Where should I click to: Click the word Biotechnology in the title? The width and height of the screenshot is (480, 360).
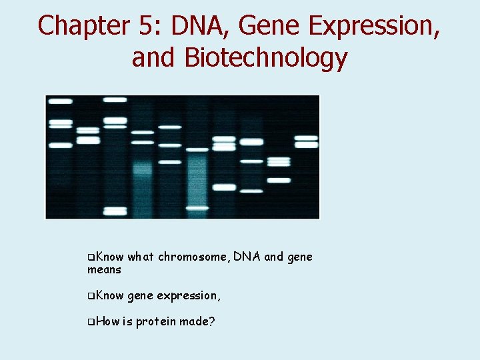(265, 58)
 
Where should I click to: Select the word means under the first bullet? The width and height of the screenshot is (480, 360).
(104, 270)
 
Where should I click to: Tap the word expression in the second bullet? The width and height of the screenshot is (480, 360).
(189, 295)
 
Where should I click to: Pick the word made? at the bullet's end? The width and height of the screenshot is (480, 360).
(201, 322)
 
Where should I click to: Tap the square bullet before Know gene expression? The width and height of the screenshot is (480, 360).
(91, 295)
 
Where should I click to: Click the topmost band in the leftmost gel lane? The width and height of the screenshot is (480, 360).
(61, 101)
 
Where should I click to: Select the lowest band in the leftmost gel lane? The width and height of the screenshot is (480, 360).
(61, 145)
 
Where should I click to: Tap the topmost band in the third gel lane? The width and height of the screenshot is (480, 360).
(115, 100)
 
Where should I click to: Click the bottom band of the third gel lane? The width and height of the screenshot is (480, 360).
(115, 211)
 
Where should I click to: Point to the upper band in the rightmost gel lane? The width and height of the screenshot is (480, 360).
(306, 138)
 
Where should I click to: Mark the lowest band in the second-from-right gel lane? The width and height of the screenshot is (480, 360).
(279, 180)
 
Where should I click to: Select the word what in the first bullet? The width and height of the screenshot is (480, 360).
(140, 257)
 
